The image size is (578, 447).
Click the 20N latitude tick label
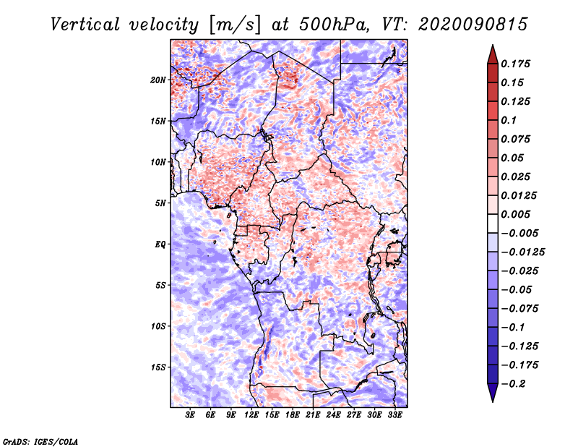pyautogui.click(x=158, y=80)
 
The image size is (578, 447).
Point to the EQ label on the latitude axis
pyautogui.click(x=160, y=244)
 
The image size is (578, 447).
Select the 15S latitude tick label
pyautogui.click(x=158, y=367)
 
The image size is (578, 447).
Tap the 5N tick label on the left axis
pyautogui.click(x=160, y=203)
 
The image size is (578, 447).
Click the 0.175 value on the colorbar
pyautogui.click(x=517, y=64)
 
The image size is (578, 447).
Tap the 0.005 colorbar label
pyautogui.click(x=517, y=214)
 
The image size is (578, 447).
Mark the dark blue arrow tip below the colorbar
pyautogui.click(x=492, y=396)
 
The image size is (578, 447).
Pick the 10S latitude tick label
pyautogui.click(x=158, y=326)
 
